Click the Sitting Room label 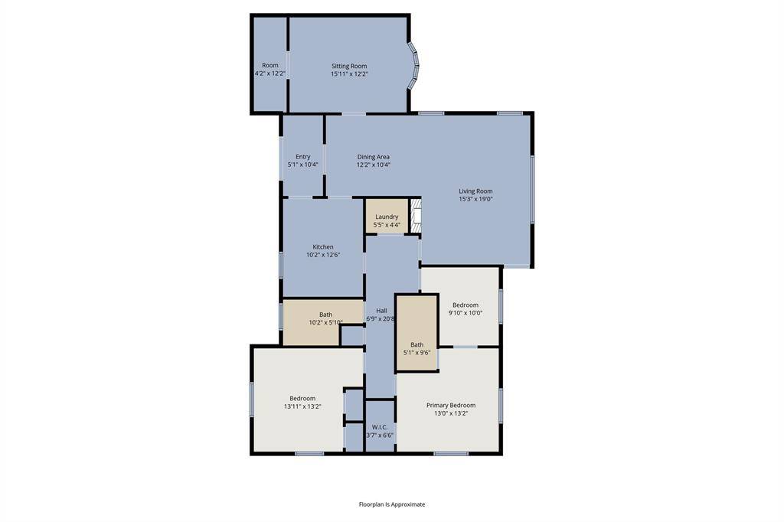349,66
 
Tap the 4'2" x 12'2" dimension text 270,74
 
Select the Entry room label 303,157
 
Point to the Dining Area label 373,157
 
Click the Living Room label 475,191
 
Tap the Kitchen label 322,246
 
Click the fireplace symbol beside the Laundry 416,217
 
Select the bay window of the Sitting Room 414,66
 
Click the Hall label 381,310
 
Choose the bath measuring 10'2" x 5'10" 325,318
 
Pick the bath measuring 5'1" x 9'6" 416,348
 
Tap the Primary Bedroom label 451,405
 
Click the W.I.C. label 380,426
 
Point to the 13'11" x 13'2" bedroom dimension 302,406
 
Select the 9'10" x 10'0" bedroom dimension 465,313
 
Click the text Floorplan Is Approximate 392,504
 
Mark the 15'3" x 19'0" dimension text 475,199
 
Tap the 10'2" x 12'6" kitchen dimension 322,255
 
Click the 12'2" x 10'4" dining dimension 373,165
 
